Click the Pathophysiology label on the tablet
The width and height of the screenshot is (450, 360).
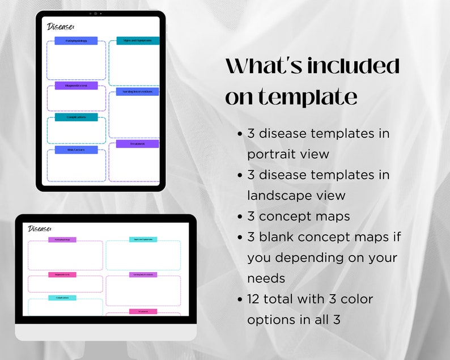coord(76,41)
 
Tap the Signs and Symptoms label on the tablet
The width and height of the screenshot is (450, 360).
coord(138,41)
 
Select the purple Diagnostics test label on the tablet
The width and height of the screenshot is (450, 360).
coord(76,86)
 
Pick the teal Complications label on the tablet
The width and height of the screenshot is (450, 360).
coord(76,117)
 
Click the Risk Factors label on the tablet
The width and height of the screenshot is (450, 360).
coord(76,150)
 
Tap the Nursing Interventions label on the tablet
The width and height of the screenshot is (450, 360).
coord(138,91)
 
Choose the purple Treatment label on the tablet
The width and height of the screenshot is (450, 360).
coord(138,144)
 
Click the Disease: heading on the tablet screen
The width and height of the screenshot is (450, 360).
coord(61,27)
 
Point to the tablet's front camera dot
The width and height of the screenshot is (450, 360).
coord(95,13)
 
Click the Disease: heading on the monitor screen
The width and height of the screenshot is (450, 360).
coord(40,228)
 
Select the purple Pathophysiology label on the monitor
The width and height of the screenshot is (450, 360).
coord(62,240)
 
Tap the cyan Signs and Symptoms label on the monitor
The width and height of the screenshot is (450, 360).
coord(143,240)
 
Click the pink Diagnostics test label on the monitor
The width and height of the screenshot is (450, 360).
coord(62,275)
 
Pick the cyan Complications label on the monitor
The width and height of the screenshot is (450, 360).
coord(62,298)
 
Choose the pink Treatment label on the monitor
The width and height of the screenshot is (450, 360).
coord(143,311)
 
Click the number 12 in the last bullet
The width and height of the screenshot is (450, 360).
coord(255,299)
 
